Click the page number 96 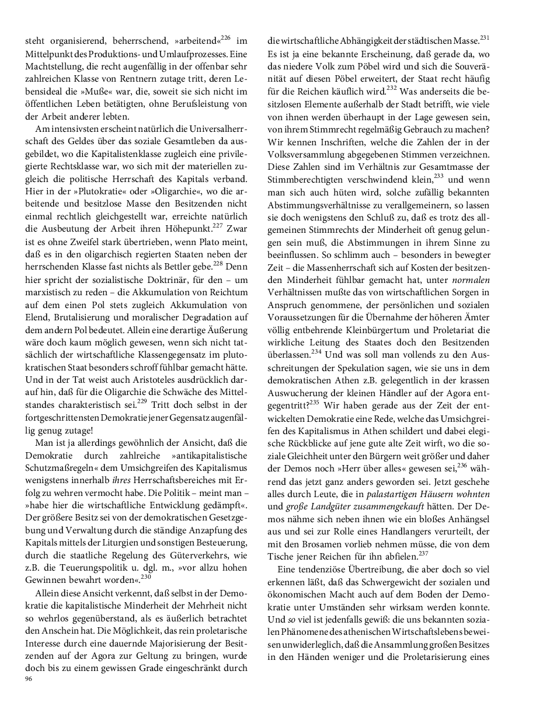[x=28, y=679]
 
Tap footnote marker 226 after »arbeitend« [x=226, y=39]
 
